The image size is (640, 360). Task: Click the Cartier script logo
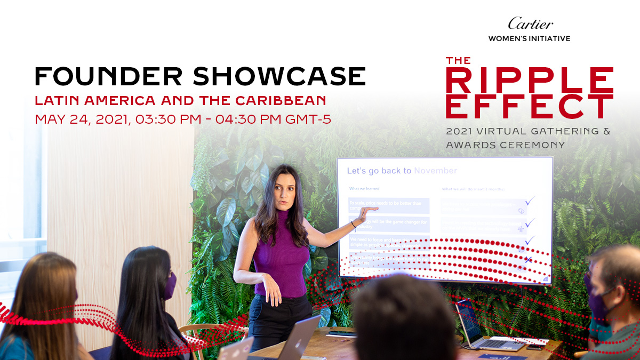click(x=530, y=23)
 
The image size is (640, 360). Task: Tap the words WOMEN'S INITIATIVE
click(x=530, y=38)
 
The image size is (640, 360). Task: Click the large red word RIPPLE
click(x=530, y=81)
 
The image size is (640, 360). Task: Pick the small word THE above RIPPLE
click(x=459, y=61)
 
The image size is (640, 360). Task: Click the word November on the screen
click(x=435, y=171)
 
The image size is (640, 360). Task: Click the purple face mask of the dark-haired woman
click(x=170, y=286)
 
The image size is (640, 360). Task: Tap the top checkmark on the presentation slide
click(x=529, y=201)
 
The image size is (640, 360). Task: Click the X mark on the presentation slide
click(x=528, y=260)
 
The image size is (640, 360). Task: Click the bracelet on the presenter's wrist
click(x=353, y=225)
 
